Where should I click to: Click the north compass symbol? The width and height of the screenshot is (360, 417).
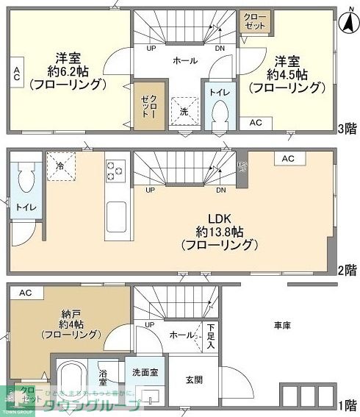click(x=346, y=23)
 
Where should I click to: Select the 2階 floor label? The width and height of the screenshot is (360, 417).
click(x=348, y=269)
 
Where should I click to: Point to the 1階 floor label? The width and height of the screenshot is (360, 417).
click(x=348, y=404)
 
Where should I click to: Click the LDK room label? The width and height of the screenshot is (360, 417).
click(x=220, y=218)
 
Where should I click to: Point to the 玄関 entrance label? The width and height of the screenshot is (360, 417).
click(x=194, y=380)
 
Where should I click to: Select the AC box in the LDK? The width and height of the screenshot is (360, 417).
click(x=288, y=158)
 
